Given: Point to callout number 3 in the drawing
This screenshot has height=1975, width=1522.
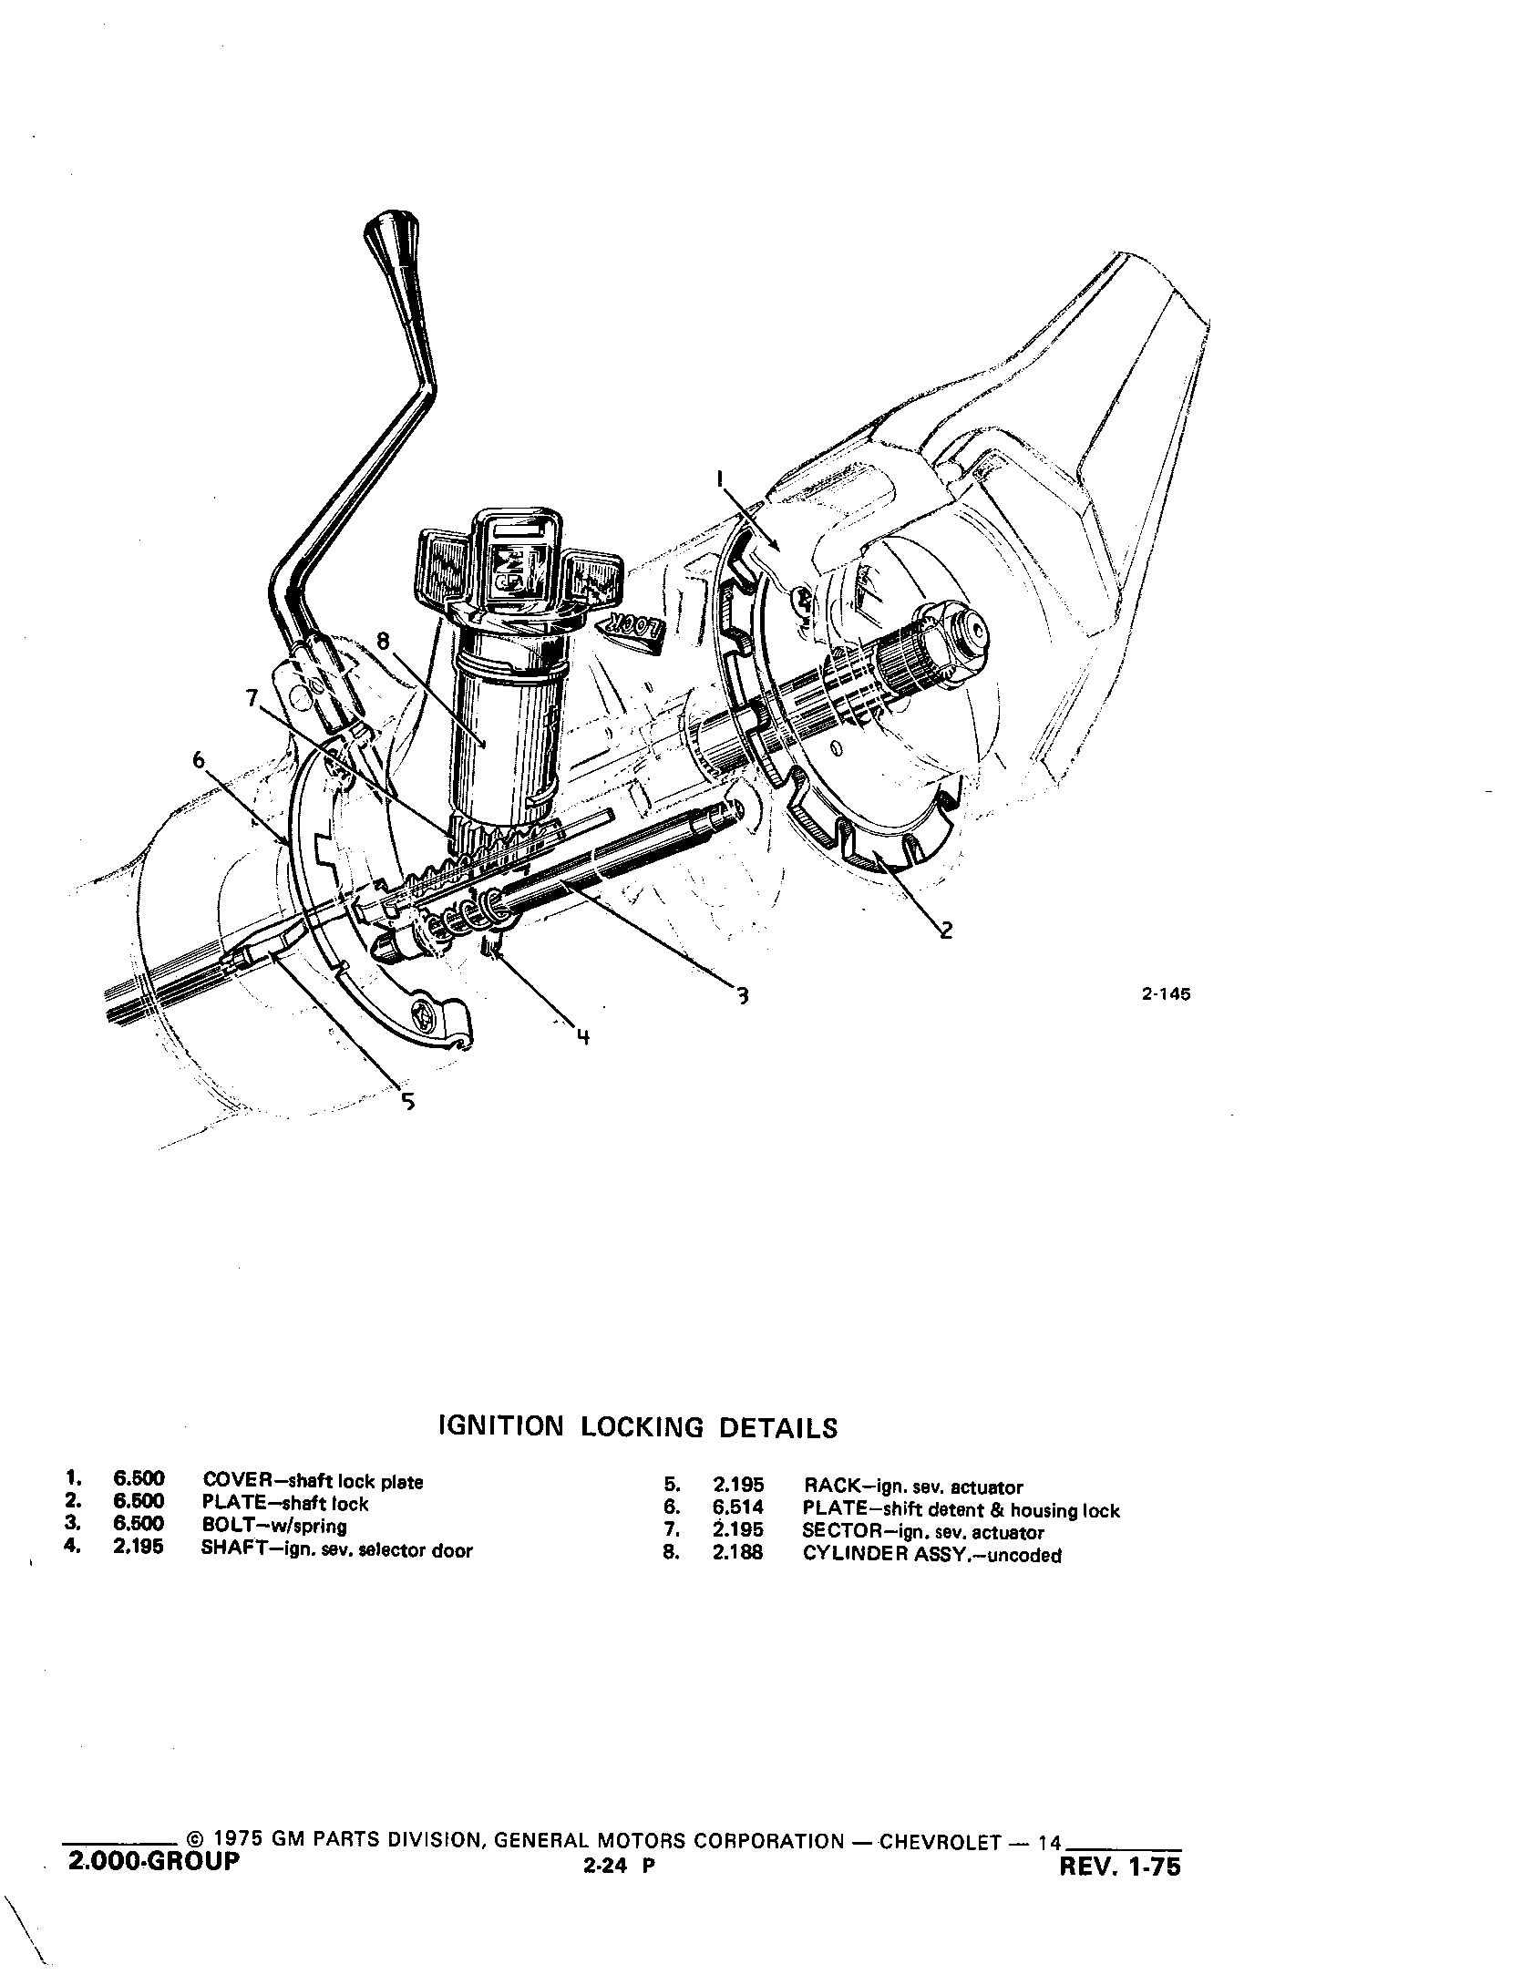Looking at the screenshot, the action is coord(743,995).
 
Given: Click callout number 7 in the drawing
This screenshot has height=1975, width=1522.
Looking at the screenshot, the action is coord(252,699).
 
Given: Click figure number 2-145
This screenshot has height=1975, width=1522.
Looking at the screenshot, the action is coord(1166,994).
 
